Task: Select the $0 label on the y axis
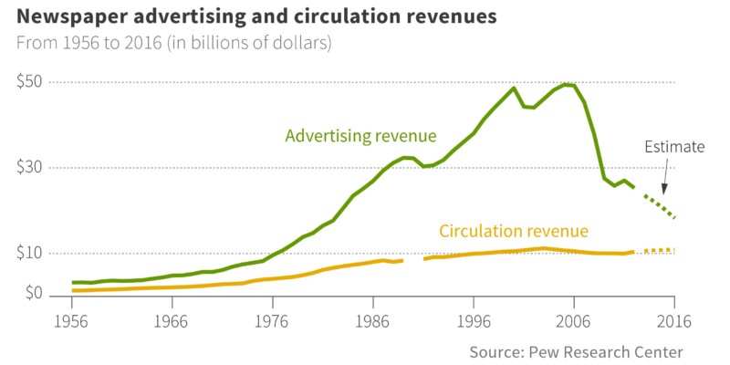32,294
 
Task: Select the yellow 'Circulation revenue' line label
514,231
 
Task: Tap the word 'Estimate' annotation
675,146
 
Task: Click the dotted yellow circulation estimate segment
659,250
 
